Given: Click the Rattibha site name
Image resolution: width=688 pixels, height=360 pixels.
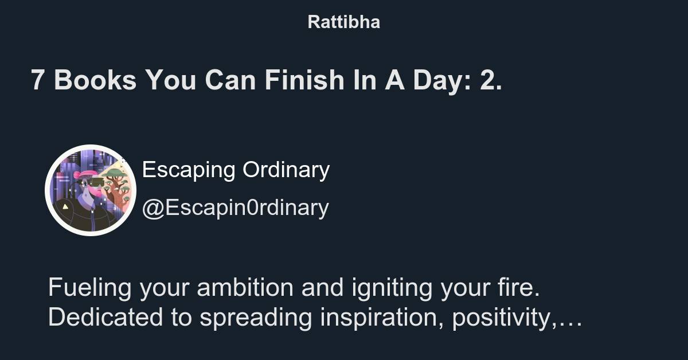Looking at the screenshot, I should [343, 22].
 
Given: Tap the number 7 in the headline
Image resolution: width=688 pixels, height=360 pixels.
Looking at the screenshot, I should [37, 80].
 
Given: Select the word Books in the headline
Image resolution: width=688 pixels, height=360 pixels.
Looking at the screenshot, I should [95, 80].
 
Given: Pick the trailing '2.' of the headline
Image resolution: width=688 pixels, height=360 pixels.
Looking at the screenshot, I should [491, 80].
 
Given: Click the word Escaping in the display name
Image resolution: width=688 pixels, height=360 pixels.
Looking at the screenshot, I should [189, 170].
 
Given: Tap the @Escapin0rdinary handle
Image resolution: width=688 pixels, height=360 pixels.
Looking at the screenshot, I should [235, 208].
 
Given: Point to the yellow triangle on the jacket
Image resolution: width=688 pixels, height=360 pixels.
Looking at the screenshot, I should [66, 206].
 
